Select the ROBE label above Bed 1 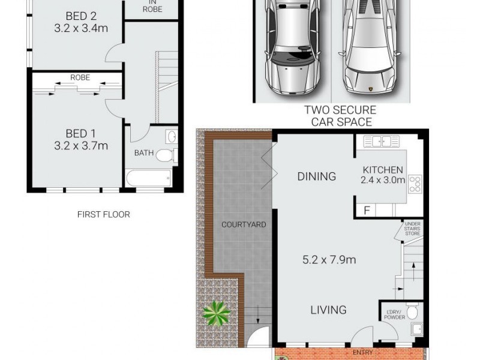pos(80,77)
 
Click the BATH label pos(143,153)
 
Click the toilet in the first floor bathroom pos(166,156)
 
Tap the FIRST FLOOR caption pos(103,214)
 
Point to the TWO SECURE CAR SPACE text pos(340,116)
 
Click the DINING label pos(316,176)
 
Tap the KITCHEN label pos(383,170)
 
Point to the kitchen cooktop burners pos(415,184)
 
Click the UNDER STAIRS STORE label pos(412,227)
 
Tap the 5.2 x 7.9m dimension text pos(329,260)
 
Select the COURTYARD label pos(244,225)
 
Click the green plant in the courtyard pos(216,313)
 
